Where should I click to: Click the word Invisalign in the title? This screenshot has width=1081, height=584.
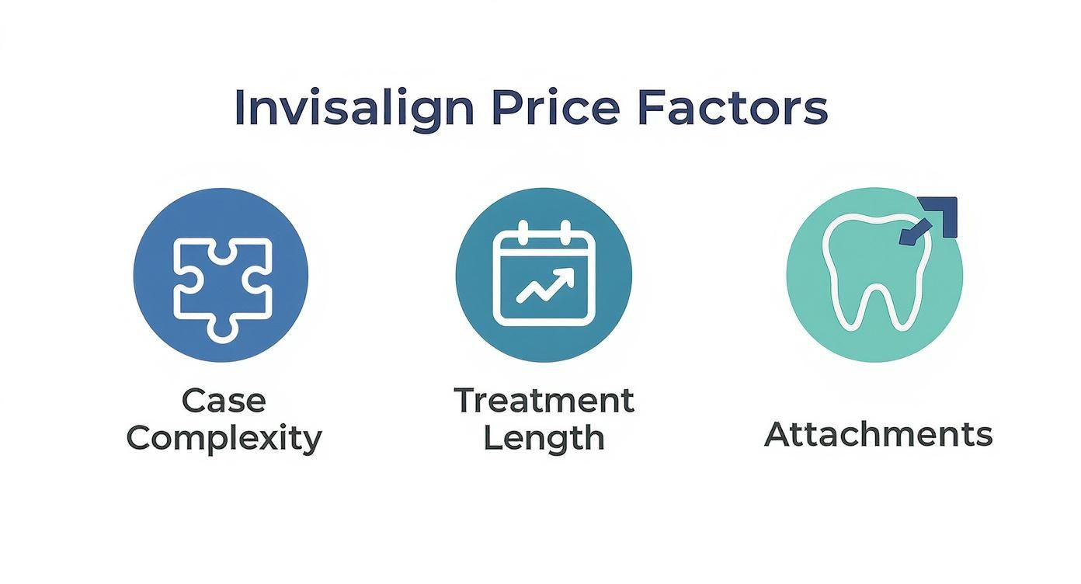tap(353, 109)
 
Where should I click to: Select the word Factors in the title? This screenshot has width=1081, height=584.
tap(732, 109)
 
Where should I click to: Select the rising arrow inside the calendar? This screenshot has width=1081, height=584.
tap(545, 286)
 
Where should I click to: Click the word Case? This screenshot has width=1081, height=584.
tap(224, 401)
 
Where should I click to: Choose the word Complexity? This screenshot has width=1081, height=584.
tap(224, 439)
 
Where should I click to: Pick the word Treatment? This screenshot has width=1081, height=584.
tap(544, 401)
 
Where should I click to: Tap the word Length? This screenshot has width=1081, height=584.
tap(544, 439)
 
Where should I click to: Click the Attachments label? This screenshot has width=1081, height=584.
tap(878, 434)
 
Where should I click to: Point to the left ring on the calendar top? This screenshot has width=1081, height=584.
tap(523, 231)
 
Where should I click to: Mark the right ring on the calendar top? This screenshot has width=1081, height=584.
tap(566, 231)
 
